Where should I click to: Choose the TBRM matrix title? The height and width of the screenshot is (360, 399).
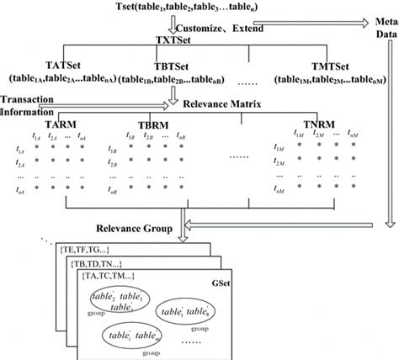152,123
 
